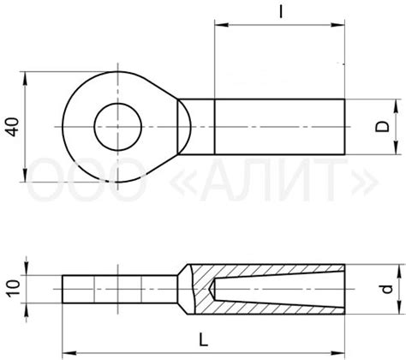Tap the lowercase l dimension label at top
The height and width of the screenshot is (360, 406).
click(282, 13)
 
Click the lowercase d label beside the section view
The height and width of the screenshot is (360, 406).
click(386, 290)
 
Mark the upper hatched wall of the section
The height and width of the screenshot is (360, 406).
click(274, 270)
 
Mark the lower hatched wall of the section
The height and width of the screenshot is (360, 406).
click(274, 309)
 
